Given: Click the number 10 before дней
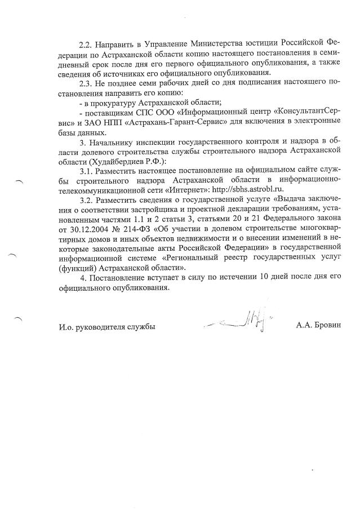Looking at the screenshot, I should tap(250, 280).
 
